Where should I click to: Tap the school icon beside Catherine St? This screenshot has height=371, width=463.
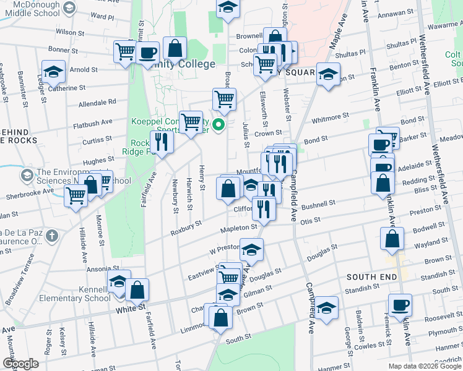54,72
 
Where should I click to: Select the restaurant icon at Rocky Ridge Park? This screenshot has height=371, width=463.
162,142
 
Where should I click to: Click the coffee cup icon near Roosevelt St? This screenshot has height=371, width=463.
400,305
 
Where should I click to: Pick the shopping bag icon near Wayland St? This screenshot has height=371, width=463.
392,239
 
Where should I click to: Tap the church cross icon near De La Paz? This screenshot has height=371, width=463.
52,236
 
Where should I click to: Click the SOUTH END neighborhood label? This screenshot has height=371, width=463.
371,277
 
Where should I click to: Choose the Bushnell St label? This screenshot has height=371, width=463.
319,203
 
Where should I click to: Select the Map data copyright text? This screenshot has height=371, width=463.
424,366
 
